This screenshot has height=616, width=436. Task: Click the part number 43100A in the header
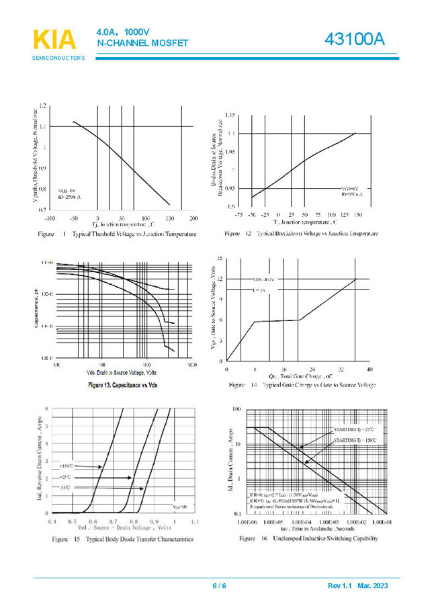coord(354,40)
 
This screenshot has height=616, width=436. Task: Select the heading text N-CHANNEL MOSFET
coord(142,44)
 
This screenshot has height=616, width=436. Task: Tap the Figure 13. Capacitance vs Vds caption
coord(123,385)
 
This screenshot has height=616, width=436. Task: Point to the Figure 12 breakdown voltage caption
coord(301,233)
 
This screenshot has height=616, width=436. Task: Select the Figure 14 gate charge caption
coord(302,385)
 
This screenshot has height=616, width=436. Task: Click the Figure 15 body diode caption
coord(123,539)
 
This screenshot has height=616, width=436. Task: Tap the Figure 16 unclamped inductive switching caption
coord(308,539)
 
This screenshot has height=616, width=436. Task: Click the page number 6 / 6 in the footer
coord(219,586)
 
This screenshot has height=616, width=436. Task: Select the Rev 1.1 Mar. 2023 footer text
coord(357,586)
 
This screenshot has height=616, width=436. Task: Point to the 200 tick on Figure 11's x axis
coord(193,219)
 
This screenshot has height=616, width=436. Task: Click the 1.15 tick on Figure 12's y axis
coord(230,116)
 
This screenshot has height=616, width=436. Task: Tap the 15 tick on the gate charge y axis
coord(220,258)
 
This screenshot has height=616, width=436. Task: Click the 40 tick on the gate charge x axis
coord(369,369)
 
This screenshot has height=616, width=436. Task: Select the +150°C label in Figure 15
coord(66,466)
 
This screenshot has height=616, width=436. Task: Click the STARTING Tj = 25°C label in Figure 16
coord(355,429)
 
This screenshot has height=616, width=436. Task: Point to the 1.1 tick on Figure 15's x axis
coord(195,522)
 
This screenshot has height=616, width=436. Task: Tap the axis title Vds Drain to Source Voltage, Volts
coord(122,372)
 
